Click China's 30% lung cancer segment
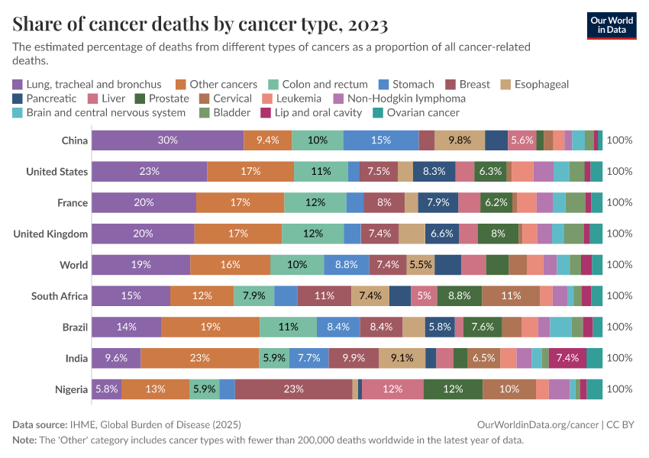168,140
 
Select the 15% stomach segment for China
380,140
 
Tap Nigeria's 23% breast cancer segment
293,389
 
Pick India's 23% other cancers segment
199,358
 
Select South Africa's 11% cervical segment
511,296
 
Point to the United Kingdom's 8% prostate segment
498,234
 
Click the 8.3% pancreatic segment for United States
434,172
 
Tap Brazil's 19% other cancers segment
210,327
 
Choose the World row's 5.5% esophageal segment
421,265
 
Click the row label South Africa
60,296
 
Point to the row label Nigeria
71,389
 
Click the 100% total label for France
619,203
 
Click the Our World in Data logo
611,24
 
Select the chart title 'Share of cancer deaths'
200,24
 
